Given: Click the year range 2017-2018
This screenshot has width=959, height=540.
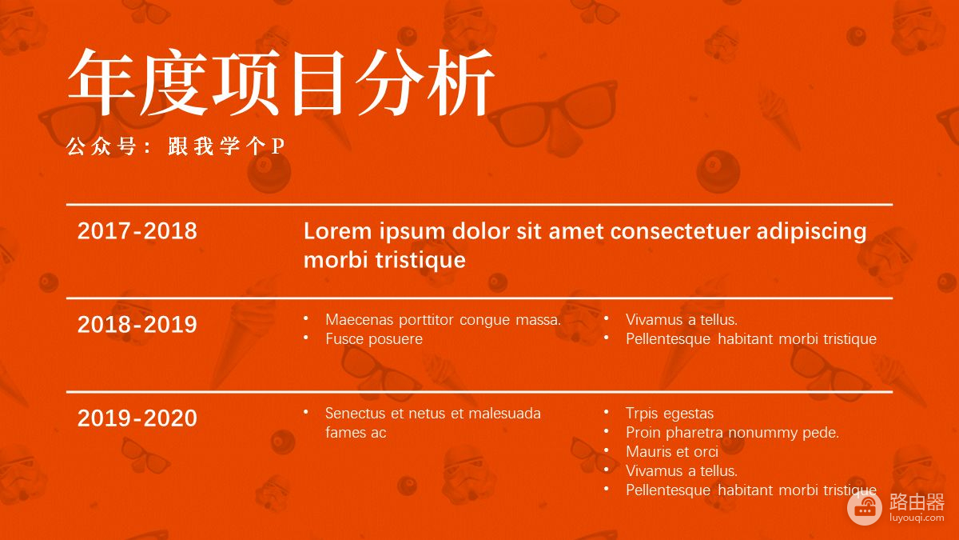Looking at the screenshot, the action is click(137, 231).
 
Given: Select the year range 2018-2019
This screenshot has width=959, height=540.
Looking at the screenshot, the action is click(137, 325).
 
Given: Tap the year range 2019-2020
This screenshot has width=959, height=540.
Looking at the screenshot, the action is click(137, 418).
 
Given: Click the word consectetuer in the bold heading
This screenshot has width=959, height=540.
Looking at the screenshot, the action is click(680, 231).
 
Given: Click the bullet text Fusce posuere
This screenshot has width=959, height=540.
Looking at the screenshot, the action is click(374, 339).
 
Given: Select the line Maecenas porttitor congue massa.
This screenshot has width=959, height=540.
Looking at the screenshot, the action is click(443, 320).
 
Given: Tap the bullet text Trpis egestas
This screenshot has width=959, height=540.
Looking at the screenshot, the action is click(670, 414).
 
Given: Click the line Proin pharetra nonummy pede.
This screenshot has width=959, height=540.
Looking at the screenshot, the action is click(732, 433).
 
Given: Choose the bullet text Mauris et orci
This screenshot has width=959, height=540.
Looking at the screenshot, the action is click(672, 452).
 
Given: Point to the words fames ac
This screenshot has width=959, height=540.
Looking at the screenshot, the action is click(356, 433).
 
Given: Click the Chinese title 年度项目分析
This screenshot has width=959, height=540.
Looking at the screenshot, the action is click(281, 82).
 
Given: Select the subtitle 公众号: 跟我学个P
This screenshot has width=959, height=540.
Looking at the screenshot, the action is click(176, 146).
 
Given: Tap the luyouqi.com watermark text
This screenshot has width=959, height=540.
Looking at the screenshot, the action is click(917, 518).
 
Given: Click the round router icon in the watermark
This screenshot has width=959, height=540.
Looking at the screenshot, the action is click(865, 508).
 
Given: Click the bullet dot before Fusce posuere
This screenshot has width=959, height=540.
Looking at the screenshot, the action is click(306, 338).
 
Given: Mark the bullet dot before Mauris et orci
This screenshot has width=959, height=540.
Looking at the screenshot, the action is click(607, 450).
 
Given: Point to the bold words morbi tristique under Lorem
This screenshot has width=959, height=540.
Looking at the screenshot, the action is click(384, 260).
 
